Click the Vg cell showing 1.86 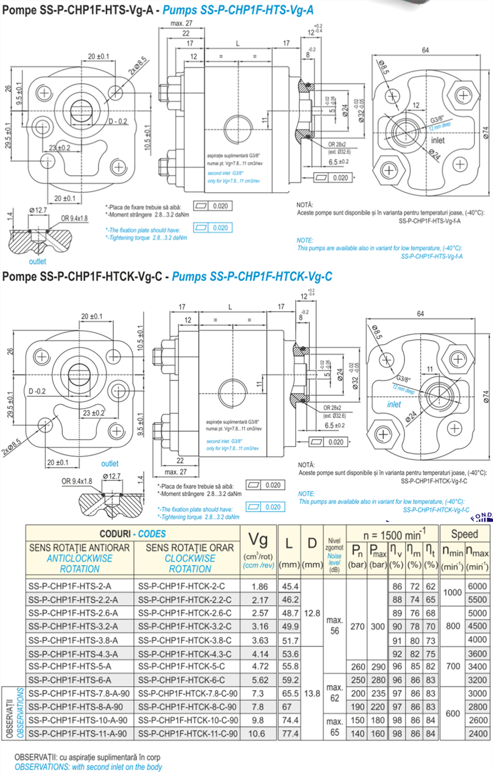(259, 586)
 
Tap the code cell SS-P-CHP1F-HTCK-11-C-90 (188, 733)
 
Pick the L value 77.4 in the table (290, 733)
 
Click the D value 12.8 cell (312, 613)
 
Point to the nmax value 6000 (477, 586)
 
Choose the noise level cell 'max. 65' (334, 727)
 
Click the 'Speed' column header (464, 534)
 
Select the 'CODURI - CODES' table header (133, 534)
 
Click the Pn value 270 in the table (357, 626)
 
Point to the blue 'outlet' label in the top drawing (38, 261)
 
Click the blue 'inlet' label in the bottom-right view (394, 404)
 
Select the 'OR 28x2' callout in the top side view (337, 145)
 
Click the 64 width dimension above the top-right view (425, 50)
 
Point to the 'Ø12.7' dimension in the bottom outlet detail (111, 476)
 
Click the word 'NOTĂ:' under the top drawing (305, 205)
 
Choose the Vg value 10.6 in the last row (259, 733)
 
